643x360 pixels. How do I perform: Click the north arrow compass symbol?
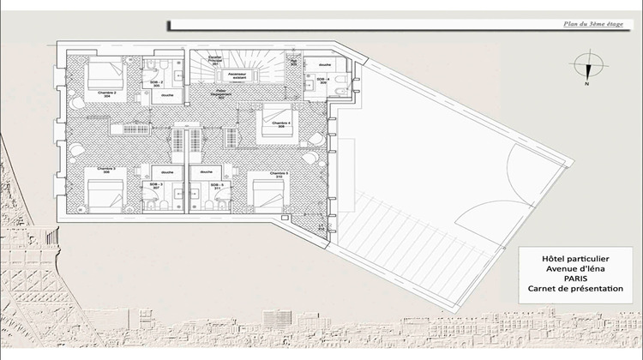click(x=586, y=69)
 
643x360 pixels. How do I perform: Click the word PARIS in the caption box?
click(x=574, y=278)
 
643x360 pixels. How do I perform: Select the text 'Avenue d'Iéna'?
click(x=574, y=267)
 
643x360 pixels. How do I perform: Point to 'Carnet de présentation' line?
click(x=574, y=290)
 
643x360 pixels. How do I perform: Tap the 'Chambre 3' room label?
click(x=107, y=170)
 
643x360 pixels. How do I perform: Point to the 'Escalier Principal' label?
click(x=217, y=62)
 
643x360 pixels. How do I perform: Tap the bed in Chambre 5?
click(x=265, y=193)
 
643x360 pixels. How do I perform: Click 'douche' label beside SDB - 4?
click(x=325, y=64)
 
